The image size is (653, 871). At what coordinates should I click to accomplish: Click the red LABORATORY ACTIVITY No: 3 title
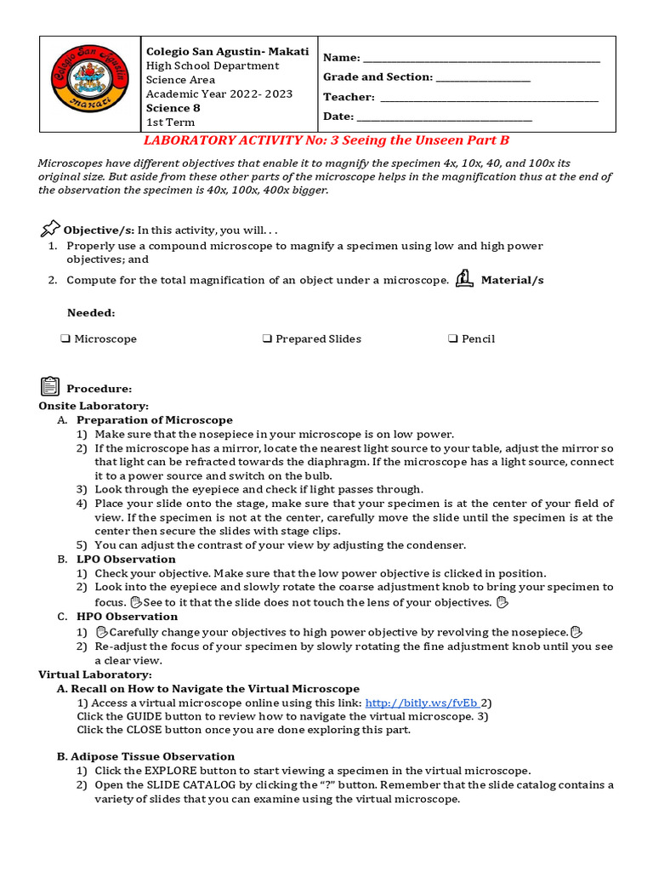point(326,140)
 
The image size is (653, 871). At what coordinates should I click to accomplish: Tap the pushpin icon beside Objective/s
point(50,229)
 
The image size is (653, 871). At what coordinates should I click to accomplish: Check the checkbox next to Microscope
point(65,339)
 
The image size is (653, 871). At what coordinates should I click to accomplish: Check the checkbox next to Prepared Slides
point(267,339)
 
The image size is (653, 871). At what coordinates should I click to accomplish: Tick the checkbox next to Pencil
point(453,339)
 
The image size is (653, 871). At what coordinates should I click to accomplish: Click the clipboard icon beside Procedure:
point(50,387)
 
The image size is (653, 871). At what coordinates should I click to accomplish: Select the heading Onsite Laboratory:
point(94,407)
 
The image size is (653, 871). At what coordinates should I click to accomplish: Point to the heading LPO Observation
point(126,559)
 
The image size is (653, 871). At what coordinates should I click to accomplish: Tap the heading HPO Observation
point(127,617)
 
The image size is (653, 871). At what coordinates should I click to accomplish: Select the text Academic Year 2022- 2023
point(207,94)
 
